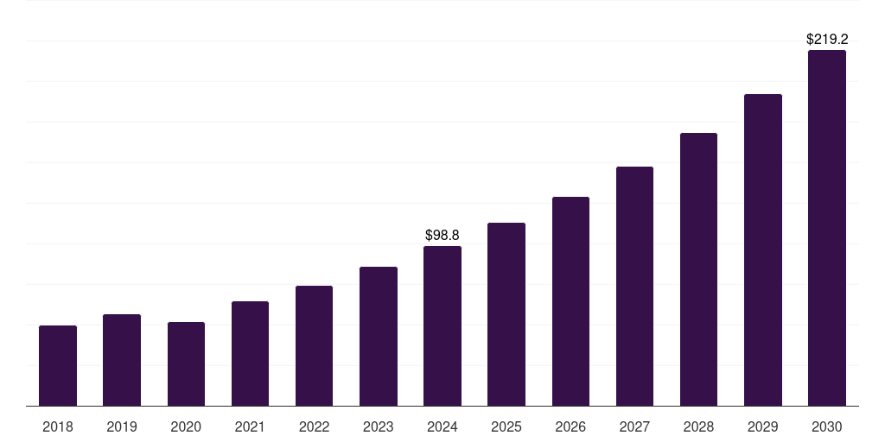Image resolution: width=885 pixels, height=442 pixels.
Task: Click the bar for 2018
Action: (58, 366)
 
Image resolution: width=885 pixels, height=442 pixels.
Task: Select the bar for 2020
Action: (186, 364)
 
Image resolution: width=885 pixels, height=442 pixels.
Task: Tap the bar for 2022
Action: (314, 346)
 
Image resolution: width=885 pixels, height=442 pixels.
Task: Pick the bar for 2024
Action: (442, 326)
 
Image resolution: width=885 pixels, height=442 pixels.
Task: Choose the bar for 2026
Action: (570, 301)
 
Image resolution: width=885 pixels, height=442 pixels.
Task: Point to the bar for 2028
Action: (698, 269)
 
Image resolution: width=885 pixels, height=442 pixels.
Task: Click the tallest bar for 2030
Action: (827, 228)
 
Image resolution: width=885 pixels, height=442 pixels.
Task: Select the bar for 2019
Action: (122, 360)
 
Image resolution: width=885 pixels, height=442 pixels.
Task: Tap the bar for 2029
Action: (763, 250)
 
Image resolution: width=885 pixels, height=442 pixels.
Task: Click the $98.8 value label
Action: (442, 235)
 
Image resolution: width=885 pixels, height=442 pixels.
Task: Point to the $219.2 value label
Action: (827, 39)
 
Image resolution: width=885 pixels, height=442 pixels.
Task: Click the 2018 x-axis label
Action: (58, 426)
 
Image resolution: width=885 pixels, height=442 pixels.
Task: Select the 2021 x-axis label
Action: (250, 426)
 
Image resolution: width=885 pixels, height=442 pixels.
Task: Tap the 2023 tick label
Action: (379, 426)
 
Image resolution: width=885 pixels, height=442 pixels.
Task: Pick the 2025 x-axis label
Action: (506, 426)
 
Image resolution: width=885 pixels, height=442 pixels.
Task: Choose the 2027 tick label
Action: (634, 426)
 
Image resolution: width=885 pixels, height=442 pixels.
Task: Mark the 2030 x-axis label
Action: (827, 426)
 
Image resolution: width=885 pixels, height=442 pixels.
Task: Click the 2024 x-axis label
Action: (442, 426)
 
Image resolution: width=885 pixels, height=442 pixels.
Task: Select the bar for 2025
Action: (506, 314)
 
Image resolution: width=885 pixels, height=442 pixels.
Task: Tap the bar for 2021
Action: (250, 354)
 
